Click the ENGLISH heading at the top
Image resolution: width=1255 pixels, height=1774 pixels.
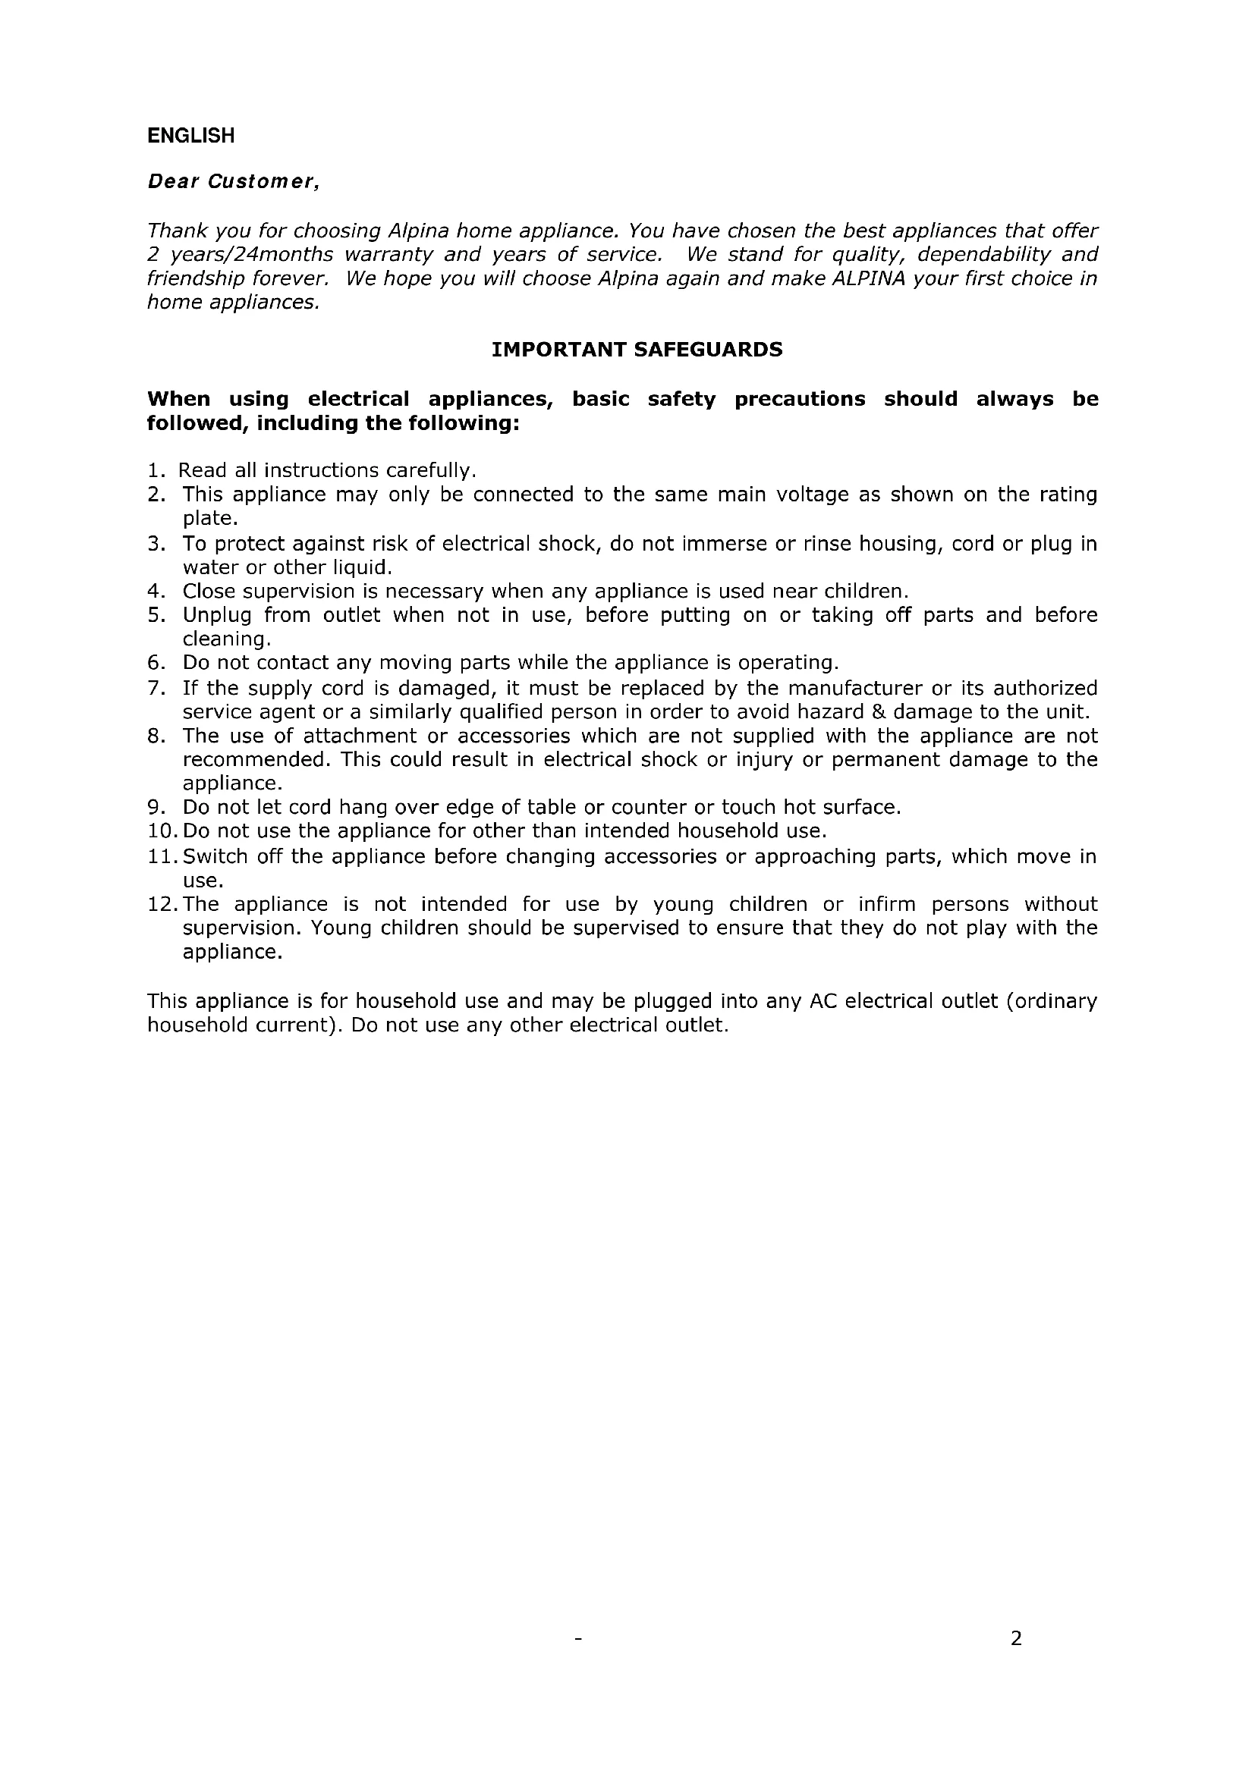point(191,136)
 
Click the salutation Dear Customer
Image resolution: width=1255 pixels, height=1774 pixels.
point(233,181)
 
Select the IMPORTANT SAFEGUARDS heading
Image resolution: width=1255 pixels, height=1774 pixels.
point(637,350)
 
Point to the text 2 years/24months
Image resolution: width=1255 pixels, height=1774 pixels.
point(240,254)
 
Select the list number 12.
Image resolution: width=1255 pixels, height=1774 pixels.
point(160,904)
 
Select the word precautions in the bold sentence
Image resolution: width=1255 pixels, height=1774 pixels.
point(800,400)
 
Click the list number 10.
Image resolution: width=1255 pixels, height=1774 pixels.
point(160,831)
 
